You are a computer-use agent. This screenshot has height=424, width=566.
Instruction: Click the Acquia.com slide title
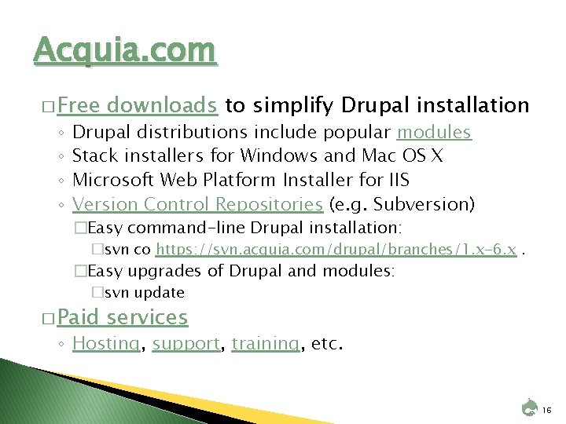point(125,51)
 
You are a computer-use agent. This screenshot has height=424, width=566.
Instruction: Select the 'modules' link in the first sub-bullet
point(434,133)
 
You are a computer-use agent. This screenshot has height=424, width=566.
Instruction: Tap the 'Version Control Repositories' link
point(197,205)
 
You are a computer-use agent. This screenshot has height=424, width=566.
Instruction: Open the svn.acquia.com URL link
point(336,250)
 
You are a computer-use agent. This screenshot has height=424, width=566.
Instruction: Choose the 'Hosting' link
point(106,343)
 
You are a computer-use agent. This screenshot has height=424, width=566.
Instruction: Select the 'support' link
point(186,343)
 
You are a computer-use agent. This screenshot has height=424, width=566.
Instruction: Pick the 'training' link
point(266,343)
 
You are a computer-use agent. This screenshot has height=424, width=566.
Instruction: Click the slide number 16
point(547,409)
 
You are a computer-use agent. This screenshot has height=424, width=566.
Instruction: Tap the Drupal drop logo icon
point(530,408)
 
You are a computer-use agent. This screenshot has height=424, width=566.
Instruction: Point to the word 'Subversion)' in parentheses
point(424,205)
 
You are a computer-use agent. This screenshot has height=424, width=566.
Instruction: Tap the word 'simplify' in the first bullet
point(294,105)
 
